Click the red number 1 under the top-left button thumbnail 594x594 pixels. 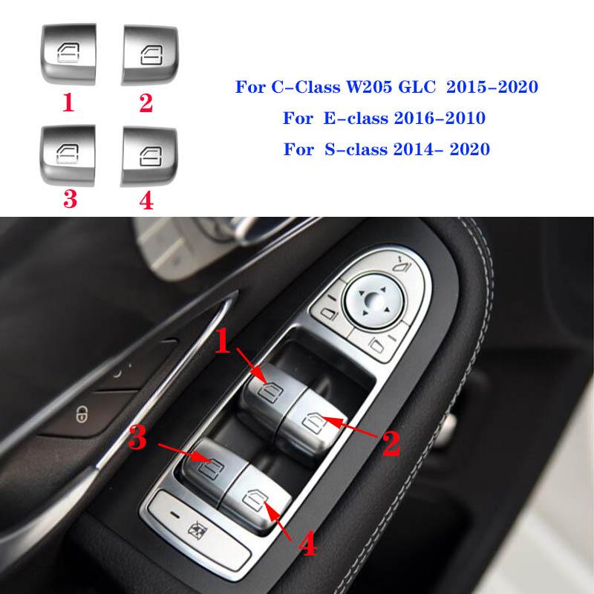68,102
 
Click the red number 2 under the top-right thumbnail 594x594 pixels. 146,102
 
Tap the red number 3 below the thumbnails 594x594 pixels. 71,200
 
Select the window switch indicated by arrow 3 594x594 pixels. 212,464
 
